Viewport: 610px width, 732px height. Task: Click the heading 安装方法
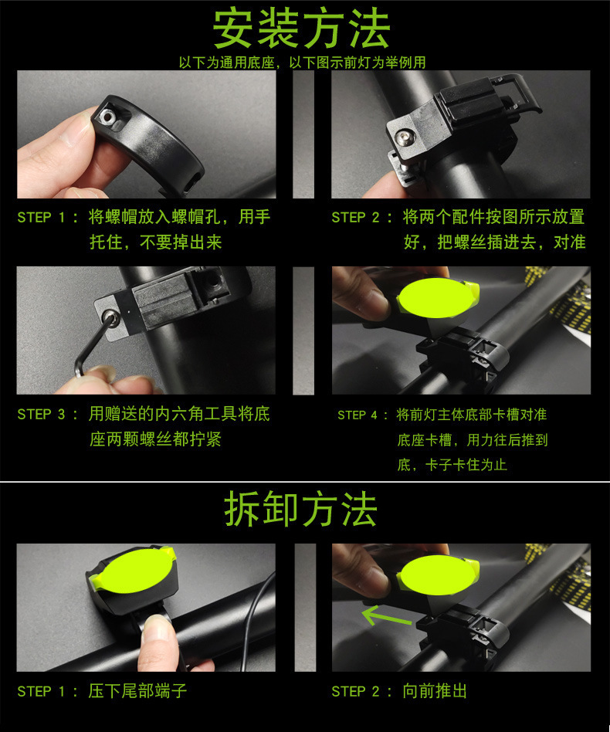click(301, 29)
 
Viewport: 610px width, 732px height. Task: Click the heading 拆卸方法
click(300, 509)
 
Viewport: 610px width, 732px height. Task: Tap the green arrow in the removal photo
click(386, 615)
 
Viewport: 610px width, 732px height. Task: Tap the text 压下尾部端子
click(137, 691)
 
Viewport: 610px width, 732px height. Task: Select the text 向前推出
click(435, 691)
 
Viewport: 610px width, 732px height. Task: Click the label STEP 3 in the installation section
click(41, 414)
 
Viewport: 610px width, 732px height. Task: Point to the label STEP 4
click(358, 415)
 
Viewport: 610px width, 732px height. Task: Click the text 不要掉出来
click(181, 242)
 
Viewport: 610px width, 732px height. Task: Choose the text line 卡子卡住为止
click(466, 465)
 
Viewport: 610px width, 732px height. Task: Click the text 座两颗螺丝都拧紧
click(155, 439)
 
